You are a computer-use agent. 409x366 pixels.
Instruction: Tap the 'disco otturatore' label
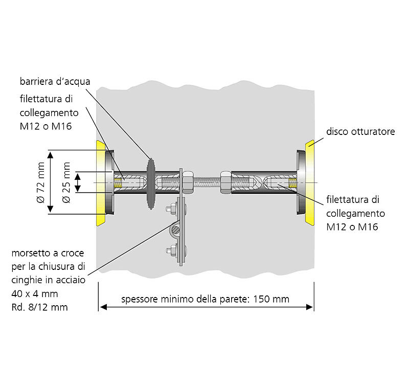pos(360,131)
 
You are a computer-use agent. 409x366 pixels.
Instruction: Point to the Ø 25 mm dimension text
pos(66,182)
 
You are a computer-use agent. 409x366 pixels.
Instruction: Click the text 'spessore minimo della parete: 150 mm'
pos(206,299)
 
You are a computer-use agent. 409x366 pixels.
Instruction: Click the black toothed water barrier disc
pos(151,182)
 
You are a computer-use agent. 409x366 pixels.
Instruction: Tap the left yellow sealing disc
pos(100,182)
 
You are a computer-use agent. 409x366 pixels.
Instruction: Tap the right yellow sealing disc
pos(310,182)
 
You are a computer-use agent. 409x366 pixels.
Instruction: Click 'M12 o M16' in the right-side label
pos(352,226)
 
